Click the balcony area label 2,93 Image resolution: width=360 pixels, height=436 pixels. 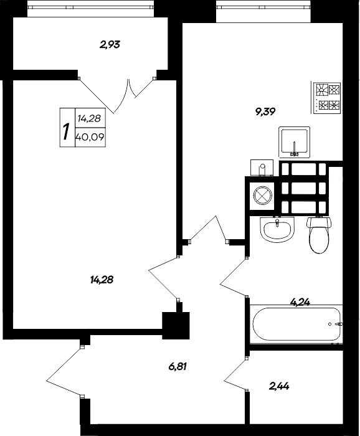(110, 44)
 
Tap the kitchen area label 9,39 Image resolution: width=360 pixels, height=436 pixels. (265, 111)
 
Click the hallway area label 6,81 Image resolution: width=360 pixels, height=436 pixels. (178, 367)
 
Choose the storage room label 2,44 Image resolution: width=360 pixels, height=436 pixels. (279, 386)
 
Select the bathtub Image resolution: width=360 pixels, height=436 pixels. (296, 324)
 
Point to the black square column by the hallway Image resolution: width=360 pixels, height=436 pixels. (175, 323)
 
